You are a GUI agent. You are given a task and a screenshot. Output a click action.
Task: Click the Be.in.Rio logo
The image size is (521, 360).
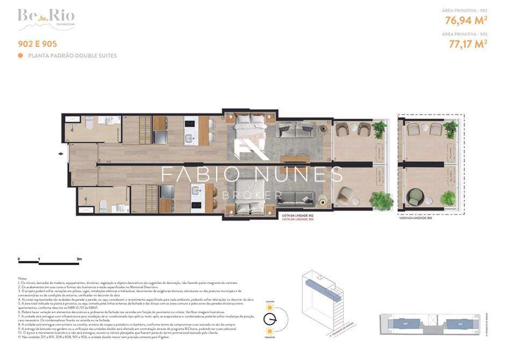46,18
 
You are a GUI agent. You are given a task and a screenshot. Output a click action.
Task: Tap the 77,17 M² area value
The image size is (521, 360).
468,44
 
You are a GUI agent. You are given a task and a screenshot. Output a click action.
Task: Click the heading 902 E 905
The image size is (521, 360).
37,44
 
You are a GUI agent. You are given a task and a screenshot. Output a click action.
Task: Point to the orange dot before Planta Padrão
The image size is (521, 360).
20,55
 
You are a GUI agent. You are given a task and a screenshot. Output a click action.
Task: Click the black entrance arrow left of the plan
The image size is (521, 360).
60,154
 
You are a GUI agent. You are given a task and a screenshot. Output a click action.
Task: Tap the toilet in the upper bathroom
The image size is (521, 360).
89,123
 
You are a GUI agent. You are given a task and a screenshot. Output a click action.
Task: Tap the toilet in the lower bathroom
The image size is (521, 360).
103,206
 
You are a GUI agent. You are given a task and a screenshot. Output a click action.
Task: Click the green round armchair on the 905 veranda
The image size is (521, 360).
415,197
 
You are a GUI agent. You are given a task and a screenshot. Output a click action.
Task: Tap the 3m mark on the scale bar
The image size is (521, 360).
79,260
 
